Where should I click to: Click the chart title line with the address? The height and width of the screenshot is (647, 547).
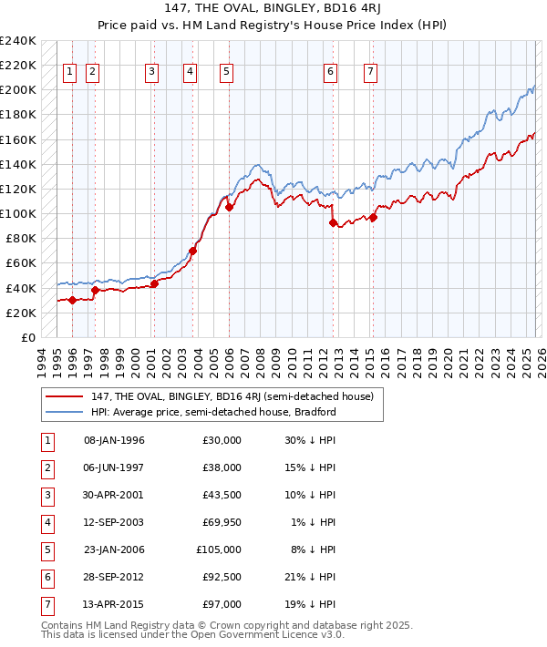pyautogui.click(x=273, y=8)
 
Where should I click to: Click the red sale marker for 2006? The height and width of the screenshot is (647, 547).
pyautogui.click(x=229, y=207)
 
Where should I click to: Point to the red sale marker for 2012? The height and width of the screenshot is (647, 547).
pyautogui.click(x=333, y=222)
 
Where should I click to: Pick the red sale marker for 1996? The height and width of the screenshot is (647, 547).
pyautogui.click(x=72, y=300)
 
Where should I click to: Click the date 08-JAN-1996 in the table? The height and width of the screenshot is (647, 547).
pyautogui.click(x=114, y=440)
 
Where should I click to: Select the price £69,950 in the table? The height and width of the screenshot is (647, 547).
pyautogui.click(x=219, y=522)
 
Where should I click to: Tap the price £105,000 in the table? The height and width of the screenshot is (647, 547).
pyautogui.click(x=219, y=549)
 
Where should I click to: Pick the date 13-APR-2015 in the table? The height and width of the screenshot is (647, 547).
pyautogui.click(x=114, y=604)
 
